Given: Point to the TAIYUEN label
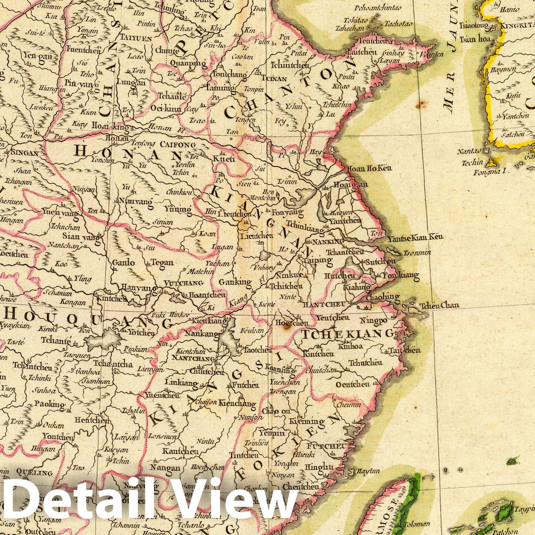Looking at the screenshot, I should point(136,38).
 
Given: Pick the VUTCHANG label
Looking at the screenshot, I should point(184,283).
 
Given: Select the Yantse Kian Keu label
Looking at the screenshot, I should point(415,238).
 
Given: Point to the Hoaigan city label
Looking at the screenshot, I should point(350,185).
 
